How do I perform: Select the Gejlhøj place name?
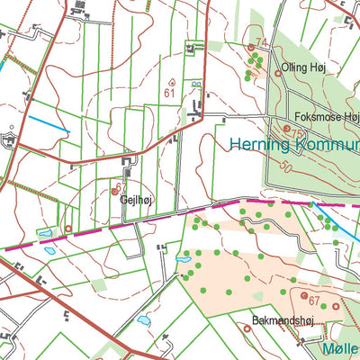click(x=134, y=202)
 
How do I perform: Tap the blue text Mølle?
click(x=339, y=347)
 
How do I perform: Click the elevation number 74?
click(x=262, y=43)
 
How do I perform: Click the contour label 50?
click(x=287, y=167)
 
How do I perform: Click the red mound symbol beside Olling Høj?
click(x=278, y=73)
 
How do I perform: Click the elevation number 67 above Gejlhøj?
click(x=121, y=185)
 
